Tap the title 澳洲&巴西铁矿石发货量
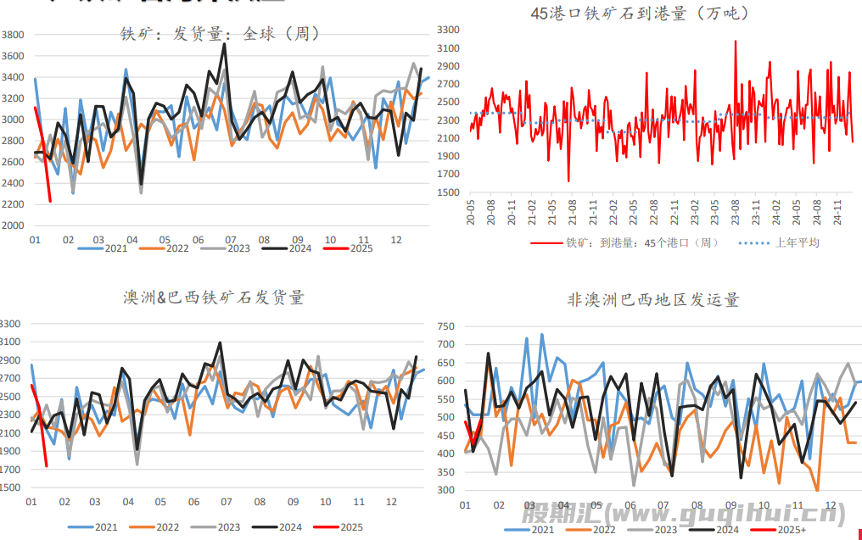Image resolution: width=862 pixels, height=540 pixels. click(213, 298)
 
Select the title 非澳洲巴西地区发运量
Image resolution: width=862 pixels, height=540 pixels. click(653, 300)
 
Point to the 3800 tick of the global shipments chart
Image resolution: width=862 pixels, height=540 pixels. click(13, 36)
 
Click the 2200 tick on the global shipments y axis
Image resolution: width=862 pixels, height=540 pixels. click(13, 204)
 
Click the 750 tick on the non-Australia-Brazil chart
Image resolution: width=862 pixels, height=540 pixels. click(446, 326)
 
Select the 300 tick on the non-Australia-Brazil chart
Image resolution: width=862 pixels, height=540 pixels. click(446, 491)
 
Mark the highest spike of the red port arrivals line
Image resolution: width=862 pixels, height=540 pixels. click(735, 41)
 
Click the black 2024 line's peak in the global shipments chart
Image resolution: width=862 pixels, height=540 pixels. click(224, 45)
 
